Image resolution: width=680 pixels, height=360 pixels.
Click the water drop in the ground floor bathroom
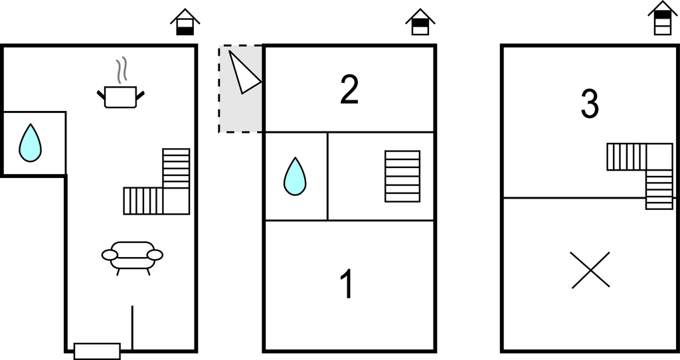[x=30, y=143]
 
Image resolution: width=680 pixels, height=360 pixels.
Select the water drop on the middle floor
[x=295, y=176]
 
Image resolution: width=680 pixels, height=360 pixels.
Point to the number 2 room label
[x=349, y=90]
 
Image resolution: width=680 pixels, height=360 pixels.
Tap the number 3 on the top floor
[x=590, y=104]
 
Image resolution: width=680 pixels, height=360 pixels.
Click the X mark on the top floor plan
[x=590, y=270]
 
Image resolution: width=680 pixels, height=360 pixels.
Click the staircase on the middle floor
[x=402, y=176]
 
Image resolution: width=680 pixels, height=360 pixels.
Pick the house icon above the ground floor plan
[x=185, y=22]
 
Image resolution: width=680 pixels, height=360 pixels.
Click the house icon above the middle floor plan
[x=420, y=22]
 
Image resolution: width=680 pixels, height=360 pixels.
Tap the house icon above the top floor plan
[x=663, y=18]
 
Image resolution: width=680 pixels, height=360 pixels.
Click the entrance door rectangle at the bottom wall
[x=97, y=351]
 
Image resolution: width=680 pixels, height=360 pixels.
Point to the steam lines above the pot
[x=122, y=70]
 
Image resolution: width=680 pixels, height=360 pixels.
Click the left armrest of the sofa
[x=110, y=255]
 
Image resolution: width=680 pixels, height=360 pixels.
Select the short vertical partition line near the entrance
[x=132, y=327]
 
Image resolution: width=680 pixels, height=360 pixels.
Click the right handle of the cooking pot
[x=140, y=94]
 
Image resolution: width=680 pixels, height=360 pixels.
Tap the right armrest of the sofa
[x=155, y=255]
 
